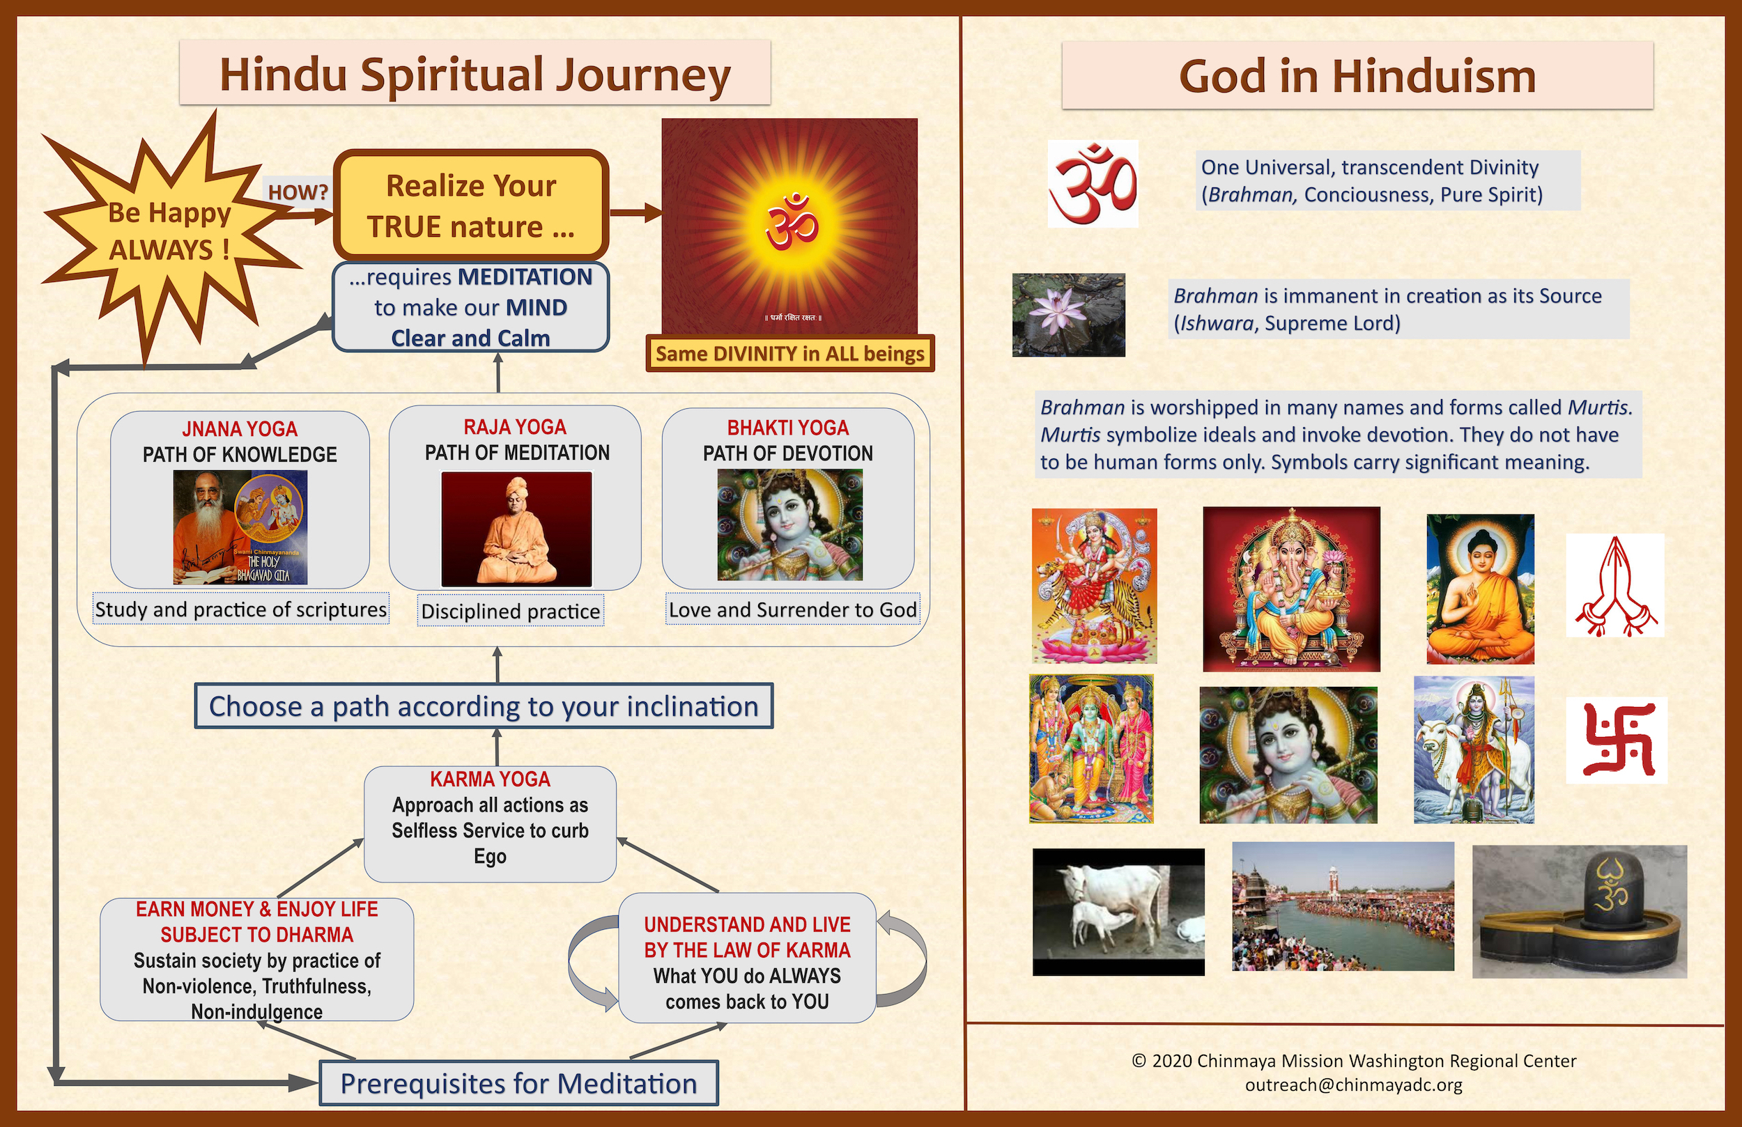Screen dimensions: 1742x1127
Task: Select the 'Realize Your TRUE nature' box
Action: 470,205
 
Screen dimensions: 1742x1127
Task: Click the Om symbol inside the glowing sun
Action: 792,221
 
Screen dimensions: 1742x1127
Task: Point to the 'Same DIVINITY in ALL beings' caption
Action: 789,353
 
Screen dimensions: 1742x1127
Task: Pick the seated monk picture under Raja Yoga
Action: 516,529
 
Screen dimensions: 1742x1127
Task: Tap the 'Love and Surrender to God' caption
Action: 793,609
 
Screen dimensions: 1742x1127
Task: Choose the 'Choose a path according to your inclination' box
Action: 484,706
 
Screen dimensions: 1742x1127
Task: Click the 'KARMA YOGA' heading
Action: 490,779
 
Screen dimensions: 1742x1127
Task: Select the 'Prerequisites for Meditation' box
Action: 519,1083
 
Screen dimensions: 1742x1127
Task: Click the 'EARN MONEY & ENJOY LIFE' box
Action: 257,959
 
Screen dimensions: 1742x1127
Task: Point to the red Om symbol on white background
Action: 1093,183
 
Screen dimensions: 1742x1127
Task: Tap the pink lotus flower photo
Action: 1069,315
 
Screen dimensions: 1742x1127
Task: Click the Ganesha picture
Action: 1292,589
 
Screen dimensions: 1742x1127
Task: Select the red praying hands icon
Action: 1615,586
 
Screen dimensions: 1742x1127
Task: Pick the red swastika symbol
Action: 1617,740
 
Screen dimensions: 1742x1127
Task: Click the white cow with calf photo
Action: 1118,912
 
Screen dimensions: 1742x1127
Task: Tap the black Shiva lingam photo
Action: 1580,912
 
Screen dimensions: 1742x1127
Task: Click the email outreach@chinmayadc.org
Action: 1354,1085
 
